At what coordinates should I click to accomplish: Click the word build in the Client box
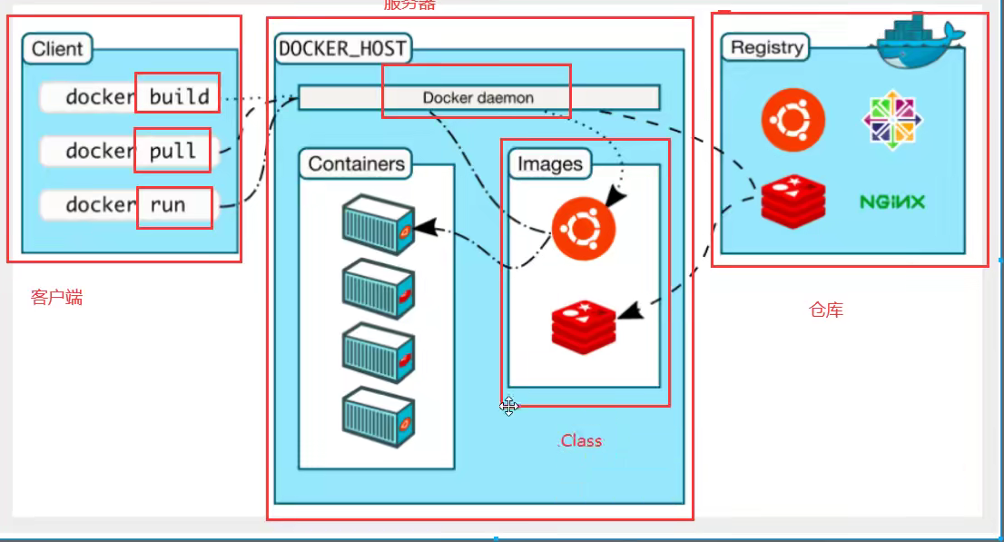[179, 96]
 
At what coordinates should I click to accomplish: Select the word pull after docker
[172, 151]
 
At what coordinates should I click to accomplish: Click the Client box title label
[57, 49]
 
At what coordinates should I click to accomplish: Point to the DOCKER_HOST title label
[343, 49]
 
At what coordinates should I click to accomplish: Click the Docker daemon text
[477, 97]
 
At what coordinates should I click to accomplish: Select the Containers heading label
[356, 164]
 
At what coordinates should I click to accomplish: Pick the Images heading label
[549, 164]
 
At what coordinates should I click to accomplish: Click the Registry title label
[767, 47]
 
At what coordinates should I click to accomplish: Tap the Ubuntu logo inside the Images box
[584, 228]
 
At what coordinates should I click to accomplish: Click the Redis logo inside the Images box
[584, 327]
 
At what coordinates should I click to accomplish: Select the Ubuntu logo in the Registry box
[793, 120]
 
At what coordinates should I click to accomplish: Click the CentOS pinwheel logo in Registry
[891, 118]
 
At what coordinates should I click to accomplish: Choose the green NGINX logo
[892, 202]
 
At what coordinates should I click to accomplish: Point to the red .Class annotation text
[579, 441]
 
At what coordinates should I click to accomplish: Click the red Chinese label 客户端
[56, 298]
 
